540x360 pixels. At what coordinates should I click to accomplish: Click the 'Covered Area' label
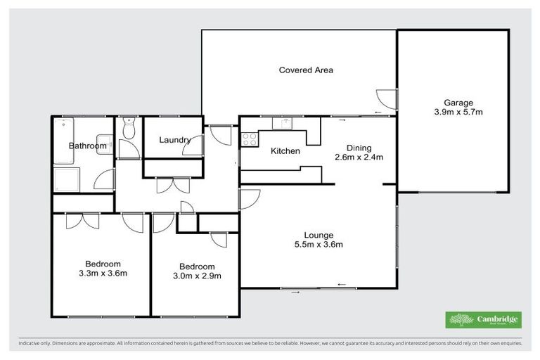click(x=306, y=70)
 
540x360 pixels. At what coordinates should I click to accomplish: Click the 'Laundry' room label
click(x=174, y=140)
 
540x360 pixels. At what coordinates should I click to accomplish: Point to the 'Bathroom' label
click(x=87, y=146)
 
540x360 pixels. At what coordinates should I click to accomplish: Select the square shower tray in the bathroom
click(x=68, y=179)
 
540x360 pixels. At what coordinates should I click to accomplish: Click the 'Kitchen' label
click(x=285, y=151)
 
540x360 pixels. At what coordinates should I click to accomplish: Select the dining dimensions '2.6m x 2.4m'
click(x=359, y=157)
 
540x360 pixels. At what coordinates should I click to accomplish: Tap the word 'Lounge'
click(x=319, y=235)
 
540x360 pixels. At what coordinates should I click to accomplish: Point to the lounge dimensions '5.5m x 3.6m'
click(x=319, y=245)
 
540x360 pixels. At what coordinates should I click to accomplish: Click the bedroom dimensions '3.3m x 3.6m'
click(x=102, y=273)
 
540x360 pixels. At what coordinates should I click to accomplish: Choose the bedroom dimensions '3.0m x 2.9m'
click(x=197, y=276)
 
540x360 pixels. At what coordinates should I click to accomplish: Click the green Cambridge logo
click(x=484, y=320)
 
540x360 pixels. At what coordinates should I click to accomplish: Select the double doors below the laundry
click(x=172, y=184)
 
